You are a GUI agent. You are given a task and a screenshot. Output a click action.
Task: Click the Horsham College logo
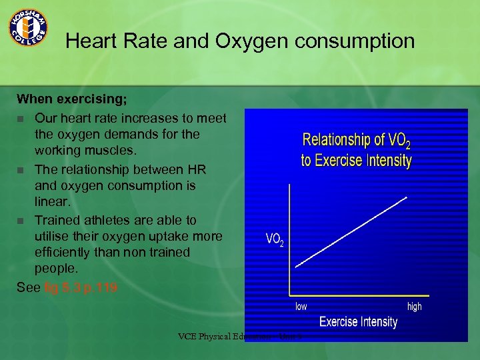(x=27, y=27)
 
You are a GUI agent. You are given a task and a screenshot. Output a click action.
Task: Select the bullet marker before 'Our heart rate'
(x=21, y=119)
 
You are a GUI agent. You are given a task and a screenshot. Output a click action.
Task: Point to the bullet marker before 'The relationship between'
(x=21, y=169)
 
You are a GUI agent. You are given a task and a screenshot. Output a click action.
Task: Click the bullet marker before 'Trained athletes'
(x=21, y=220)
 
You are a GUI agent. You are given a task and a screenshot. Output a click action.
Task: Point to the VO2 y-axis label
(x=274, y=239)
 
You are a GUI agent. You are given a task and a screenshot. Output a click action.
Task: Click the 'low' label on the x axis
(x=301, y=307)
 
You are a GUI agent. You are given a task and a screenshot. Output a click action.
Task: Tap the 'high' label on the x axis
(x=414, y=307)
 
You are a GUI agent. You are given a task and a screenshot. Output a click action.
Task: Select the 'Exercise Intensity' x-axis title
(x=358, y=322)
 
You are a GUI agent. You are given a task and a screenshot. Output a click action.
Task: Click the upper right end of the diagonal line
(x=407, y=197)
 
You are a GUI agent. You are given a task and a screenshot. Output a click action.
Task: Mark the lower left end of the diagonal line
(x=296, y=266)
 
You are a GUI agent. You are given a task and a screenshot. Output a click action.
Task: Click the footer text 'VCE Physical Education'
(x=223, y=336)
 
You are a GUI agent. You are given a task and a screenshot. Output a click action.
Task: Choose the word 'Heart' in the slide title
(x=93, y=41)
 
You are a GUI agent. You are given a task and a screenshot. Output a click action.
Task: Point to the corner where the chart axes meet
(x=289, y=294)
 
